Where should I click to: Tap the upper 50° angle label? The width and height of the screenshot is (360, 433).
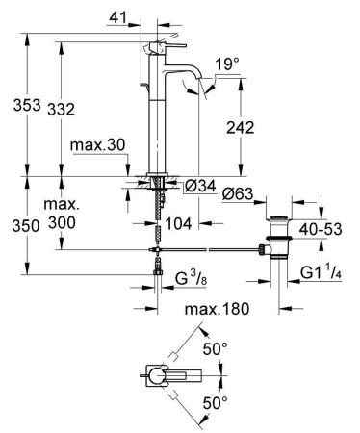(x=214, y=347)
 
